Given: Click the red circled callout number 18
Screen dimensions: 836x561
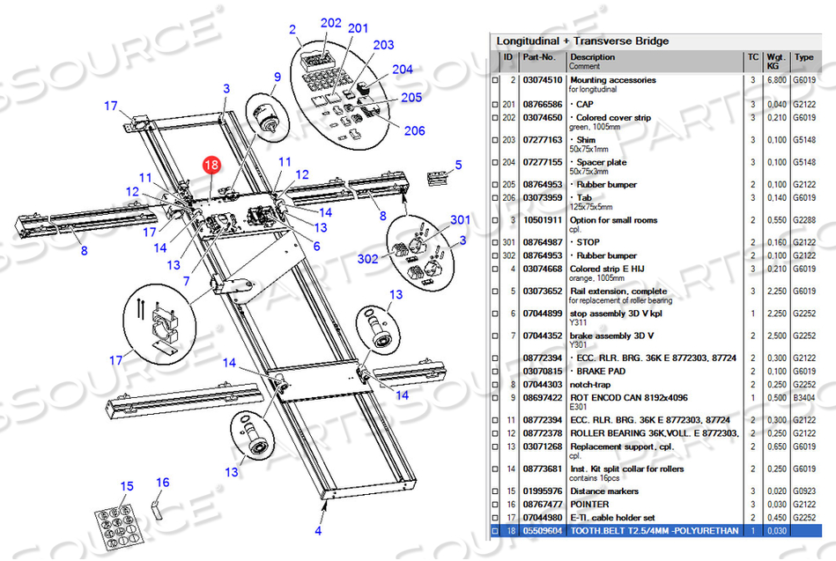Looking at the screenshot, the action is (x=211, y=165).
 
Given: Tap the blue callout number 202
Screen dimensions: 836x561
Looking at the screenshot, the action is (x=330, y=23).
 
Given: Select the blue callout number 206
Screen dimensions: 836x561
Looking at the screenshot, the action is (x=414, y=130).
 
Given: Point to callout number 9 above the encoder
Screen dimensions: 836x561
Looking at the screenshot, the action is (x=277, y=77).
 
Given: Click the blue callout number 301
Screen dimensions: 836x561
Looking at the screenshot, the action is (x=460, y=219).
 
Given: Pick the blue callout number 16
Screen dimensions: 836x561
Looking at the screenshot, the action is (x=163, y=482).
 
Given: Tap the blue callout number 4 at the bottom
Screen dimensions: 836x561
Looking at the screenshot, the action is (x=318, y=530).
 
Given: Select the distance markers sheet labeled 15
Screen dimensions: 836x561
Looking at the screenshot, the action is (x=119, y=528).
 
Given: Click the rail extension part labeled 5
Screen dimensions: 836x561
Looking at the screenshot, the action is (x=437, y=178).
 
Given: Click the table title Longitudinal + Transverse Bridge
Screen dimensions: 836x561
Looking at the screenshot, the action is (x=582, y=41).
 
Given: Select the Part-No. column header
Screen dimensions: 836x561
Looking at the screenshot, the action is (x=539, y=57).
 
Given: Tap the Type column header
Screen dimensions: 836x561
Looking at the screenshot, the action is (x=803, y=57).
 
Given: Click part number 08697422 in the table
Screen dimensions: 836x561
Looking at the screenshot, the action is (x=543, y=398).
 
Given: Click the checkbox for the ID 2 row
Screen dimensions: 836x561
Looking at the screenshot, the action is (x=495, y=80).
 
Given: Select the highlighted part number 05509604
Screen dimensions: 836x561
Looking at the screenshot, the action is (x=543, y=531).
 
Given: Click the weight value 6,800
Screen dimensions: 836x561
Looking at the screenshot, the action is (x=776, y=80).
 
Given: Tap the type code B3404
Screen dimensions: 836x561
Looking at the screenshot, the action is (x=804, y=398).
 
